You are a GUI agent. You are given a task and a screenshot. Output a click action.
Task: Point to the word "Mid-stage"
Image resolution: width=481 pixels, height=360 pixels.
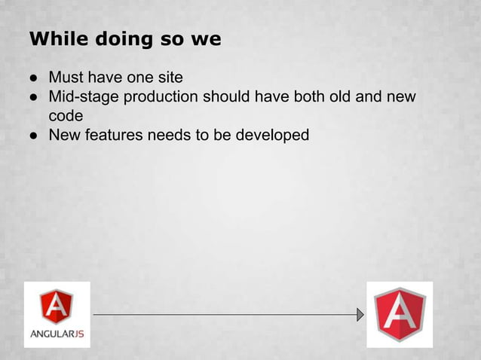coord(83,96)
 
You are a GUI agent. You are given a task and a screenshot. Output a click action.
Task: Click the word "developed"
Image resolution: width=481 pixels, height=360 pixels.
coord(272,136)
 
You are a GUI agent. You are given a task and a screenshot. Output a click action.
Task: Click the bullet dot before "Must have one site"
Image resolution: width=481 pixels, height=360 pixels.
coord(35,78)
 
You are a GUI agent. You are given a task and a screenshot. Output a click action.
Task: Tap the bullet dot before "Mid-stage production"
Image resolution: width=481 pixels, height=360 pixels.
coord(35,97)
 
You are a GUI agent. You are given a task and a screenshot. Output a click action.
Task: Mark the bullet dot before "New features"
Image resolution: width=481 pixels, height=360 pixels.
coord(35,136)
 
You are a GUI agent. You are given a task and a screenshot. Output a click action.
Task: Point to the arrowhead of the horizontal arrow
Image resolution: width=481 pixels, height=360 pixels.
coord(360,314)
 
